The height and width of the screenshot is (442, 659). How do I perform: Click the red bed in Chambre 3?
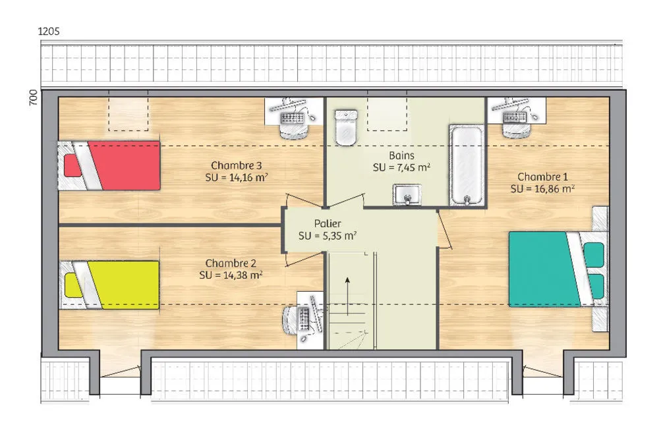tap(109, 165)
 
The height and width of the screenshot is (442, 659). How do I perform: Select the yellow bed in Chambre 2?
tap(109, 285)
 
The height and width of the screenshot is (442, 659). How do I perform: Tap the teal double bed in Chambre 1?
tap(559, 269)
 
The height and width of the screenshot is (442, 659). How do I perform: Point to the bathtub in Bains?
tap(466, 165)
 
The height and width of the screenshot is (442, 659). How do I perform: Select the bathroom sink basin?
tap(407, 195)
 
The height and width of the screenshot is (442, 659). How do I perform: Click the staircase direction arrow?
tap(347, 296)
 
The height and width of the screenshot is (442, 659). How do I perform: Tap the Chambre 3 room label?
tap(236, 165)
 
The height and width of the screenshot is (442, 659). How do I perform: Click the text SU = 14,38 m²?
tap(231, 275)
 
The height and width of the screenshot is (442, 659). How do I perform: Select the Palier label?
tap(328, 223)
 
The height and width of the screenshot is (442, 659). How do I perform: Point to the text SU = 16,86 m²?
tap(542, 189)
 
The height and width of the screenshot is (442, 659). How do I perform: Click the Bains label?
tap(401, 156)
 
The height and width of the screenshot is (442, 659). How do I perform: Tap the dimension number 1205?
tap(49, 31)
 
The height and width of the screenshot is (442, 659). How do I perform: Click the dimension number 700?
tap(33, 97)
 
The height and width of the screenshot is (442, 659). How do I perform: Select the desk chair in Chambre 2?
tap(290, 318)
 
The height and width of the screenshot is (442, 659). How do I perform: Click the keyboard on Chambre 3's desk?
tap(292, 118)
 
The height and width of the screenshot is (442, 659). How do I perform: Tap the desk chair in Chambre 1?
tap(515, 129)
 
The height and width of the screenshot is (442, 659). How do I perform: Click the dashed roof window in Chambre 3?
tap(129, 114)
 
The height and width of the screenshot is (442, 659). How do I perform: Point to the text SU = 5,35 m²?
tap(328, 236)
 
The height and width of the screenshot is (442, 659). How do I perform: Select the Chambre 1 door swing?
tap(445, 229)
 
